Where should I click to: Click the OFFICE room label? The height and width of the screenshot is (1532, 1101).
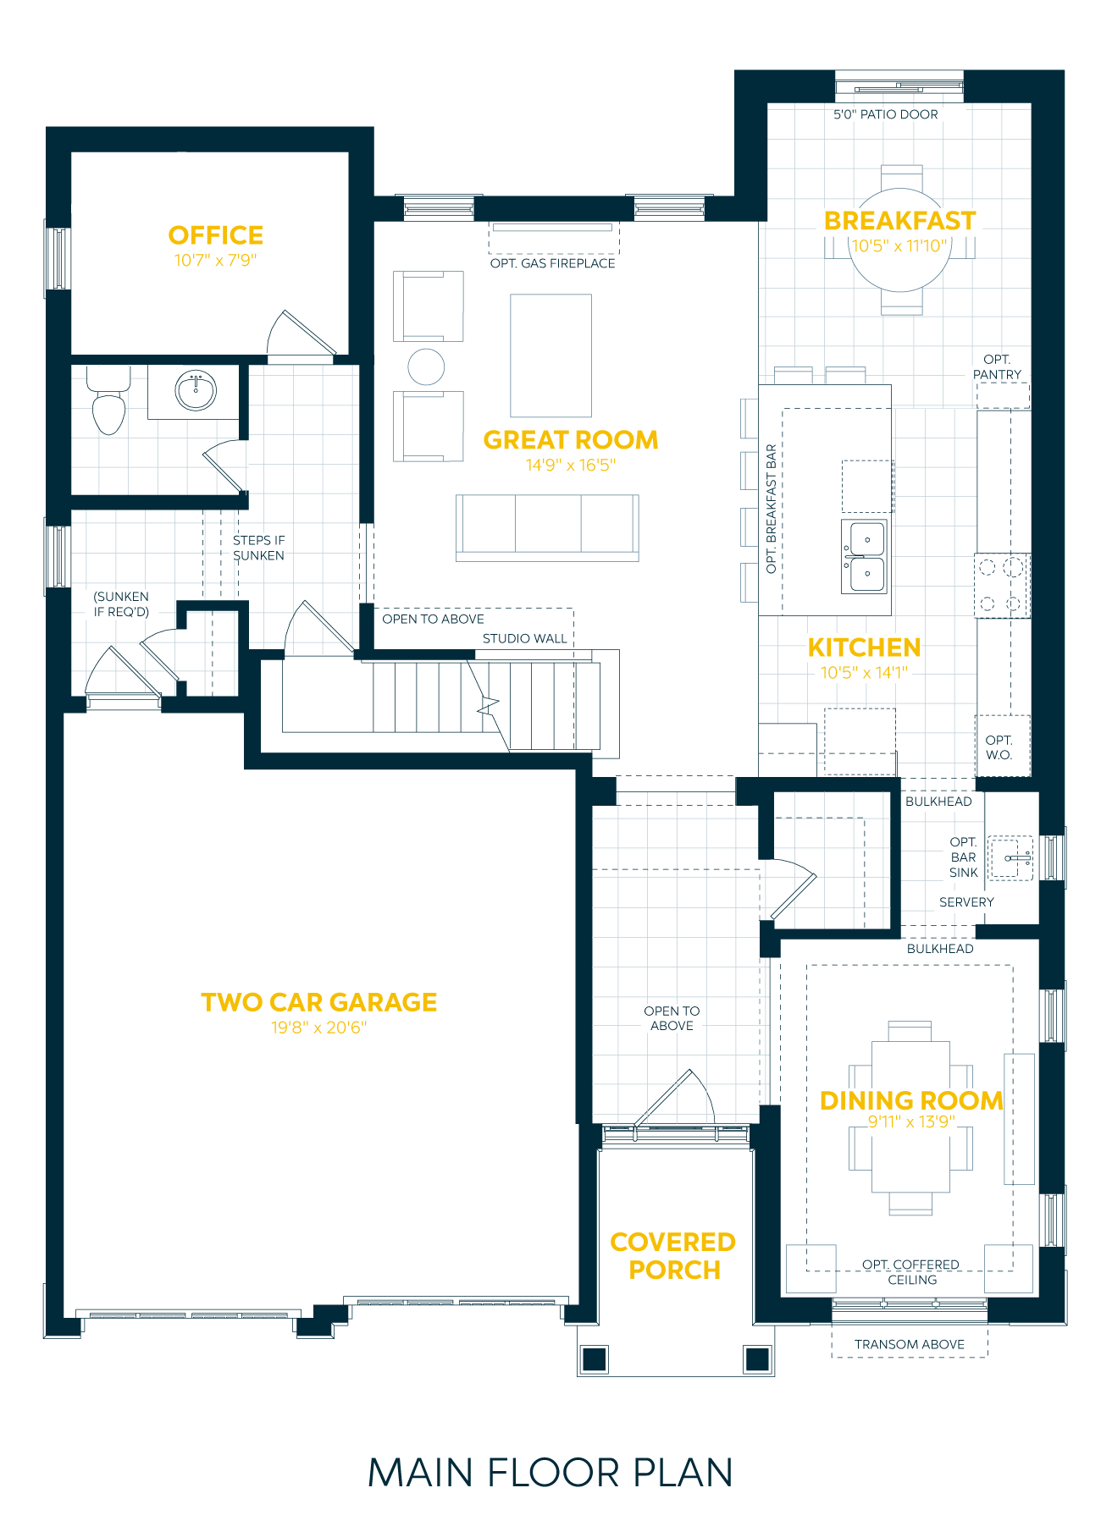coord(215,235)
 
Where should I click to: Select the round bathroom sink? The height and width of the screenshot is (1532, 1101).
coord(196,391)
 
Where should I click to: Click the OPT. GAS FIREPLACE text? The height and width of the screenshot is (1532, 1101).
coord(552,263)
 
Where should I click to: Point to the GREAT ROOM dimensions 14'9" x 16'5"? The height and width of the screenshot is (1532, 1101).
coord(570,465)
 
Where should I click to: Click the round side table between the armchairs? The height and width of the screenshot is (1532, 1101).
coord(426,366)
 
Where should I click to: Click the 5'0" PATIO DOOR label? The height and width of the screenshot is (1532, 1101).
coord(885,114)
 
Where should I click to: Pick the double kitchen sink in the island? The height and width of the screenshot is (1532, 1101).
coord(865,556)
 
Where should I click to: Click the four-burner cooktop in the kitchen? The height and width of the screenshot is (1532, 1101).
coord(1001,585)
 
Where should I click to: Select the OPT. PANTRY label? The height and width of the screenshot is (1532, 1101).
coord(997,367)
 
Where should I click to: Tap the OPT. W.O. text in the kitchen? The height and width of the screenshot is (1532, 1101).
coord(999,747)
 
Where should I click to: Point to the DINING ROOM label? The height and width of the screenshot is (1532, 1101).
coord(911,1100)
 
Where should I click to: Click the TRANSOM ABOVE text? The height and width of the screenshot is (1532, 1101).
coord(909,1344)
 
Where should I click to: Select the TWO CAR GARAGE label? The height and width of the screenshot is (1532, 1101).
coord(318,1002)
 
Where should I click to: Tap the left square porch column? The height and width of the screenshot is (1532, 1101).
coord(595,1358)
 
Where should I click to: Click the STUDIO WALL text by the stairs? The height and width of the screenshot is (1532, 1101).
coord(524,638)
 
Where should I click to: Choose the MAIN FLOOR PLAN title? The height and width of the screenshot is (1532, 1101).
coord(550,1474)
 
